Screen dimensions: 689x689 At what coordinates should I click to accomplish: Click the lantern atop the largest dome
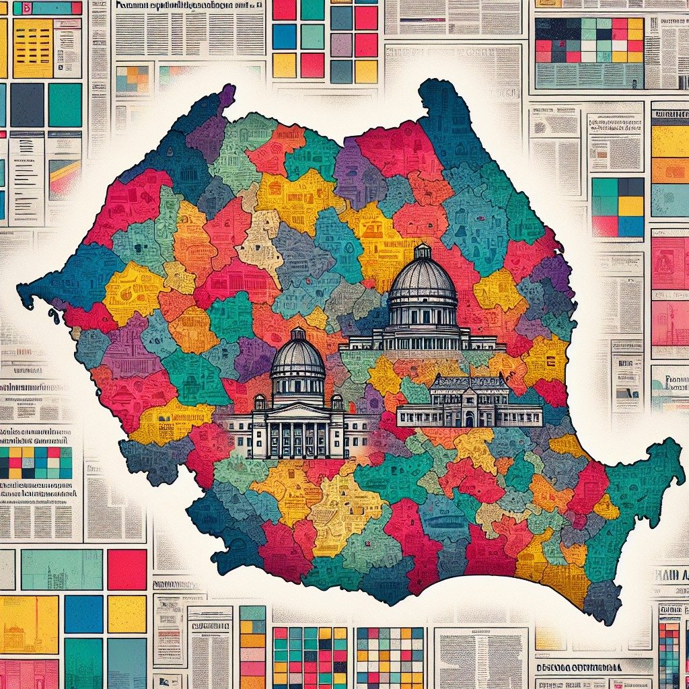(423, 252)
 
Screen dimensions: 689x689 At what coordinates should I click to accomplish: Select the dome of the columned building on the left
(297, 357)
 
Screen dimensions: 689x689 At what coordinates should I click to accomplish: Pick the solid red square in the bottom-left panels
(126, 569)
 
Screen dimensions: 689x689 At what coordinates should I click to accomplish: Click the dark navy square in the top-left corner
(27, 105)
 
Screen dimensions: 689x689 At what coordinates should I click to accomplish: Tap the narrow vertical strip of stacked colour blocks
(252, 646)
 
